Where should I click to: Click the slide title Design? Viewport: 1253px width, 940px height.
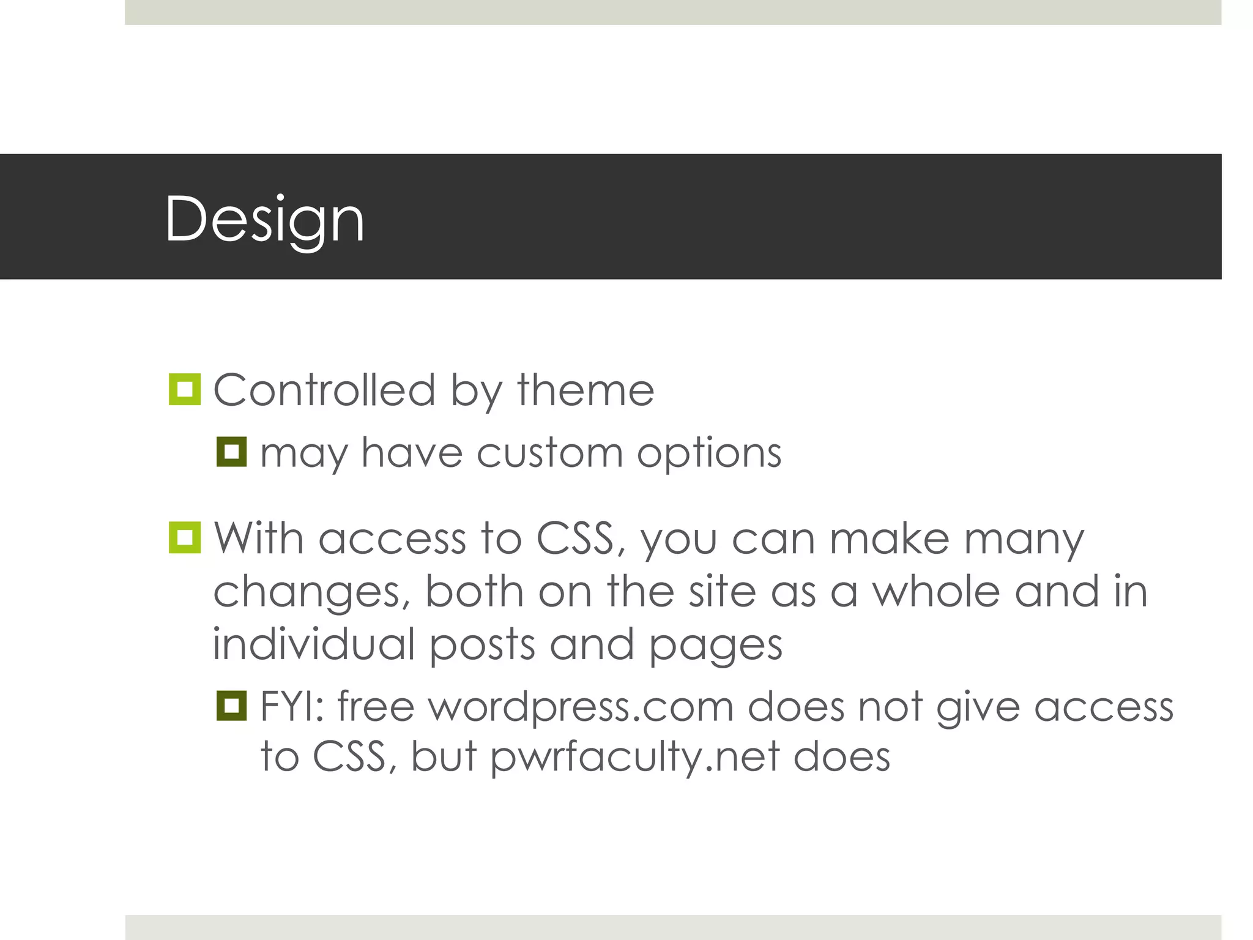[x=264, y=219]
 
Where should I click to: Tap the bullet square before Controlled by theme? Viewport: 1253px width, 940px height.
[x=184, y=389]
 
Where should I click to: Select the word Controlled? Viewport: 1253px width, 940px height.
[x=324, y=390]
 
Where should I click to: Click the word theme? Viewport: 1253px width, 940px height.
[x=586, y=390]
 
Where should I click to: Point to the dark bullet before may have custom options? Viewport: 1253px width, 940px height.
[x=231, y=452]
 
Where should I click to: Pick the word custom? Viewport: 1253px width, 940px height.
[x=549, y=453]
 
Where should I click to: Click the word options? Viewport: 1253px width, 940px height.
[x=709, y=455]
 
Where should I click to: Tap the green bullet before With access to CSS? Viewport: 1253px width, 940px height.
[x=184, y=538]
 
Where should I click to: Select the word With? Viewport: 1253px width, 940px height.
[x=258, y=539]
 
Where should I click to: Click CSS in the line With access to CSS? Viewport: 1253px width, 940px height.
[x=575, y=539]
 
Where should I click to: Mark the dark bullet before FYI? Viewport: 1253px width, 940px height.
[x=231, y=706]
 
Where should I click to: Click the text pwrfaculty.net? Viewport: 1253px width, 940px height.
[x=635, y=758]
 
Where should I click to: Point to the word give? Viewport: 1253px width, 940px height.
[x=978, y=707]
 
